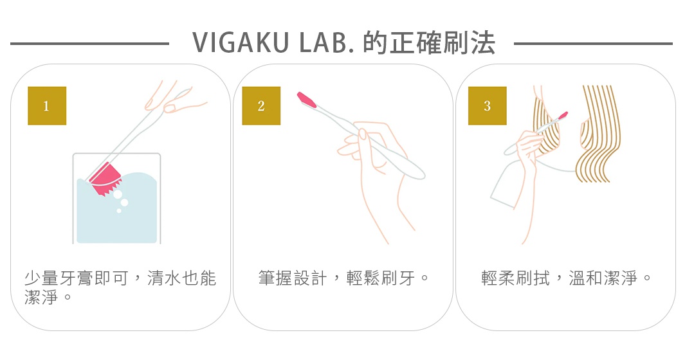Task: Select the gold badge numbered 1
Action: (x=46, y=106)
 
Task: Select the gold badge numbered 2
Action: (x=260, y=106)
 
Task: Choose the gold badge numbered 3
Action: (x=487, y=106)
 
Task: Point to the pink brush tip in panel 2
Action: (x=307, y=100)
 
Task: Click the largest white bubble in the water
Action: (x=124, y=203)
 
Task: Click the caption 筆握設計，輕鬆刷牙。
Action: (x=343, y=278)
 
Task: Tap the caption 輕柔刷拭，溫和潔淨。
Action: (x=566, y=278)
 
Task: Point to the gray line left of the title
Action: (x=90, y=44)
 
